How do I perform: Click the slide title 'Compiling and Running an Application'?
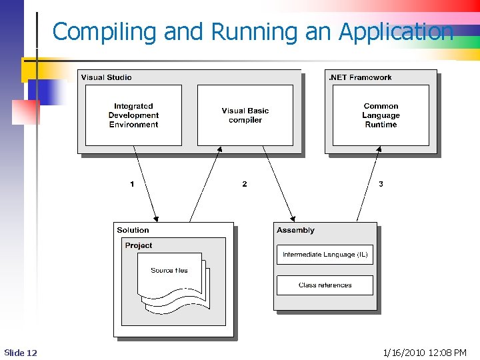click(x=253, y=31)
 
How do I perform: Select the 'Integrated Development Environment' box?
click(x=133, y=115)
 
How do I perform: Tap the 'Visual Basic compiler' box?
click(x=245, y=115)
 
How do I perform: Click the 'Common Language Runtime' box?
click(x=381, y=115)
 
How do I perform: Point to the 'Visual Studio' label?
click(x=106, y=77)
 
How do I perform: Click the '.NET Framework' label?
click(x=360, y=77)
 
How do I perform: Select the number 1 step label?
click(x=132, y=184)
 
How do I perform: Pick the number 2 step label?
click(x=244, y=184)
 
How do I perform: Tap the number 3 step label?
click(x=381, y=184)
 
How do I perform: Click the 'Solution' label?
click(x=133, y=230)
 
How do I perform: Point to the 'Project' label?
click(x=139, y=245)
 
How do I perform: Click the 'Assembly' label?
click(x=295, y=230)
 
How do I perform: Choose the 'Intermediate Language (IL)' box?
click(x=325, y=255)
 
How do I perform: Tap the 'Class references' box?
click(x=325, y=285)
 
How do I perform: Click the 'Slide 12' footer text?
click(x=21, y=352)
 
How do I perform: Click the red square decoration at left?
click(x=25, y=111)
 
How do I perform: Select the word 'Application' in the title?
click(x=396, y=31)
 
